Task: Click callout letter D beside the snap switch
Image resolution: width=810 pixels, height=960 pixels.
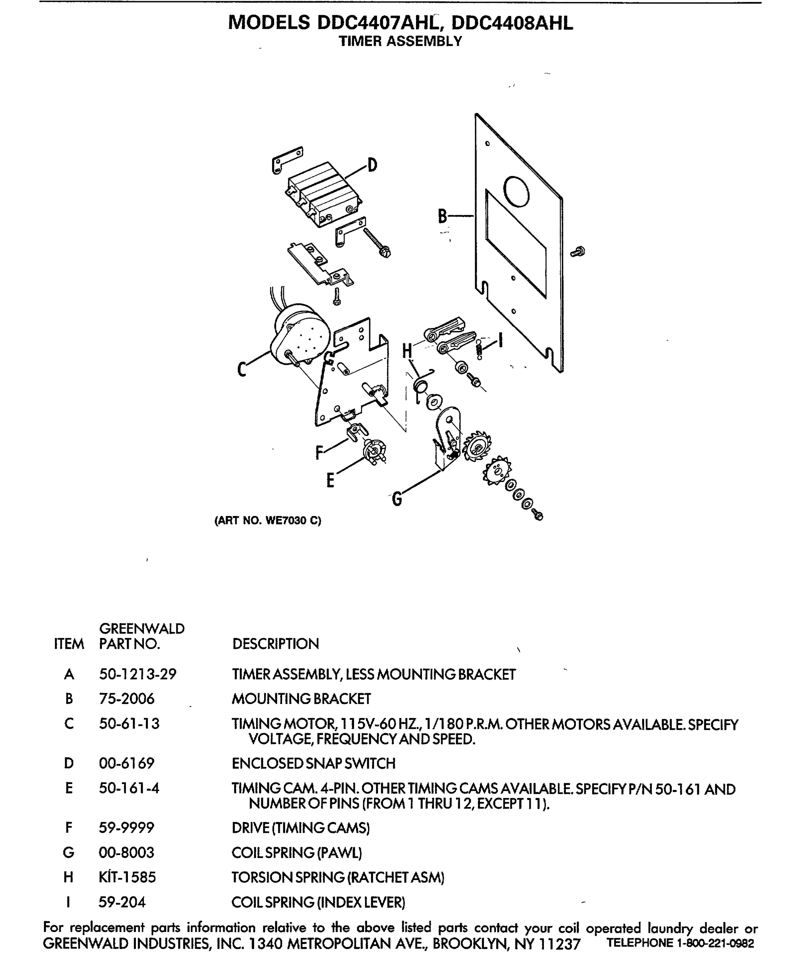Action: point(372,164)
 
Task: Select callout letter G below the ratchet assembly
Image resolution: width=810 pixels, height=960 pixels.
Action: point(397,499)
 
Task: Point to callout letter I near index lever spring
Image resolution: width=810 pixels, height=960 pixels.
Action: point(501,340)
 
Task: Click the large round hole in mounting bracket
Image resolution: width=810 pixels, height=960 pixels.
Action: point(516,191)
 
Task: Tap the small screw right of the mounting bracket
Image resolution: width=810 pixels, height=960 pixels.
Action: point(578,252)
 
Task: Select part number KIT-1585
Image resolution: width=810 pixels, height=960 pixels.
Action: point(127,877)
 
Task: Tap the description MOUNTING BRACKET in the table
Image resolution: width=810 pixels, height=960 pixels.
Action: point(301,699)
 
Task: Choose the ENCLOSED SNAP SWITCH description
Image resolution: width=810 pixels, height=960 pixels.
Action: point(313,764)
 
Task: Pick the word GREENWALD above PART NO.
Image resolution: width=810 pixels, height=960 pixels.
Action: point(141,629)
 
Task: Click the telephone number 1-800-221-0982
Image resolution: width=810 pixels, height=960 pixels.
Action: point(715,943)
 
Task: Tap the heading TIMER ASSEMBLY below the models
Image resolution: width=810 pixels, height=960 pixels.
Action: point(400,41)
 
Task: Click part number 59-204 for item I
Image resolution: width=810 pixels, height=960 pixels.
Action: point(122,902)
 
